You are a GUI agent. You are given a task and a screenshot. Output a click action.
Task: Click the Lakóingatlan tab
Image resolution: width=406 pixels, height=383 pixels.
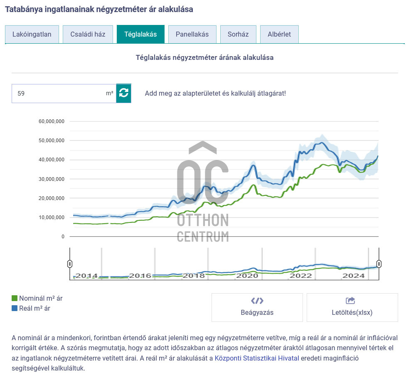[x=32, y=34]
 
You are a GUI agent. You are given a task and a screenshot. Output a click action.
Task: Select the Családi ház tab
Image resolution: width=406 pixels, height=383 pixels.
[x=88, y=34]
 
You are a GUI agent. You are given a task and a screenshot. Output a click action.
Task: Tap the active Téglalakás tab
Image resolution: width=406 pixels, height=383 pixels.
[x=140, y=34]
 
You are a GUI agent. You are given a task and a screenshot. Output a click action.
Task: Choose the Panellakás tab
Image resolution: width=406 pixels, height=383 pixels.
[x=192, y=34]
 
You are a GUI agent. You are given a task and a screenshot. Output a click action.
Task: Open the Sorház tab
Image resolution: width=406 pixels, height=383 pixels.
[x=238, y=34]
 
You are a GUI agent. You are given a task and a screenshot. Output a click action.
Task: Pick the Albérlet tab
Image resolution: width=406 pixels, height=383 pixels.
[x=279, y=34]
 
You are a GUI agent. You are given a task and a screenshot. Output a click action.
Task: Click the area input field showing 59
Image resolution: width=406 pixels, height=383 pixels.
[x=58, y=94]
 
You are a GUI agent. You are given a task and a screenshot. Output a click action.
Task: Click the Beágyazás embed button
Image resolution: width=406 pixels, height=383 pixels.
[x=257, y=307]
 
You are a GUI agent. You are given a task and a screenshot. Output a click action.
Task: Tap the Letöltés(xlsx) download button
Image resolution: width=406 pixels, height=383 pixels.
[x=352, y=307]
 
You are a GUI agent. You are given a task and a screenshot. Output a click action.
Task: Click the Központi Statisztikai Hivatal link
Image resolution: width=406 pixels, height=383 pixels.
[x=256, y=358]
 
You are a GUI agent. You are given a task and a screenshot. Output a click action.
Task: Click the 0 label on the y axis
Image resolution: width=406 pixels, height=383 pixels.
[x=63, y=237]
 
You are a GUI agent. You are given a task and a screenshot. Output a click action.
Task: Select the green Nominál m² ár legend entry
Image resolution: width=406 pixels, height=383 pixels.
[x=37, y=298]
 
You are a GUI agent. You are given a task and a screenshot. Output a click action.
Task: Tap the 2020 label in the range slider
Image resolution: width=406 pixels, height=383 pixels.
[x=247, y=275]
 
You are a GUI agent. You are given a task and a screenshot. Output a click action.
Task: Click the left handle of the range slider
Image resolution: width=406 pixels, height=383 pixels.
[x=70, y=264]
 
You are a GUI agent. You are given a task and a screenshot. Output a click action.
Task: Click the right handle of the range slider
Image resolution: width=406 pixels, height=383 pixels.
[x=379, y=264]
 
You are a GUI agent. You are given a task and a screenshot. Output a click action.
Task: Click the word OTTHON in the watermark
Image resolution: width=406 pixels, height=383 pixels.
[x=203, y=220]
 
